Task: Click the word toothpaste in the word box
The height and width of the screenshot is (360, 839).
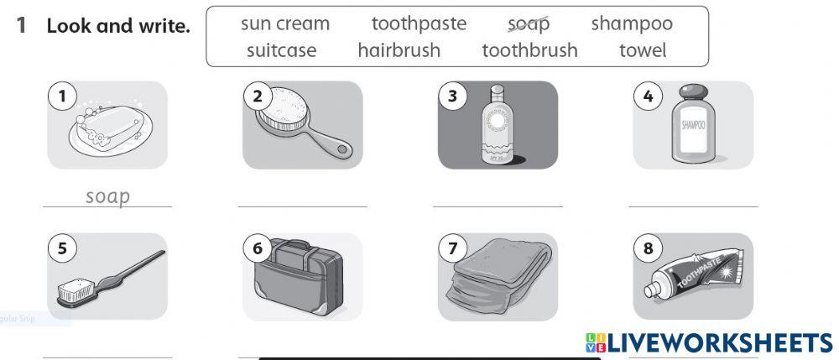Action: pyautogui.click(x=419, y=23)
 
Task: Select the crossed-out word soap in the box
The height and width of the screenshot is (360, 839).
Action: pyautogui.click(x=529, y=23)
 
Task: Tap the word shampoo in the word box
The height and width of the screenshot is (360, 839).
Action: pyautogui.click(x=631, y=23)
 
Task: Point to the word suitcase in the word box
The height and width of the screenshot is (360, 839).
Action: pyautogui.click(x=282, y=50)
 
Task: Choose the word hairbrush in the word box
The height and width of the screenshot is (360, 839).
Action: pyautogui.click(x=399, y=50)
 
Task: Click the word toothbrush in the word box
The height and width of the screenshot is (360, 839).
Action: pyautogui.click(x=529, y=50)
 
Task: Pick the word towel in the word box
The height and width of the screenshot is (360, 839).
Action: pyautogui.click(x=643, y=50)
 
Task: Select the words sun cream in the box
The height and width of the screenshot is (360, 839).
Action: pyautogui.click(x=285, y=23)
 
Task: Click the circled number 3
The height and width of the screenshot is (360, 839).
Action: pyautogui.click(x=453, y=97)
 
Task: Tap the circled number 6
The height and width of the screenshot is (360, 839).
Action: pyautogui.click(x=258, y=248)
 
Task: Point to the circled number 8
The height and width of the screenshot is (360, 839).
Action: pyautogui.click(x=647, y=248)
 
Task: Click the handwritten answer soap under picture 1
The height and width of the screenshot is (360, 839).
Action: pyautogui.click(x=108, y=197)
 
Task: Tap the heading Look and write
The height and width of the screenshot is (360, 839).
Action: pyautogui.click(x=118, y=25)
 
